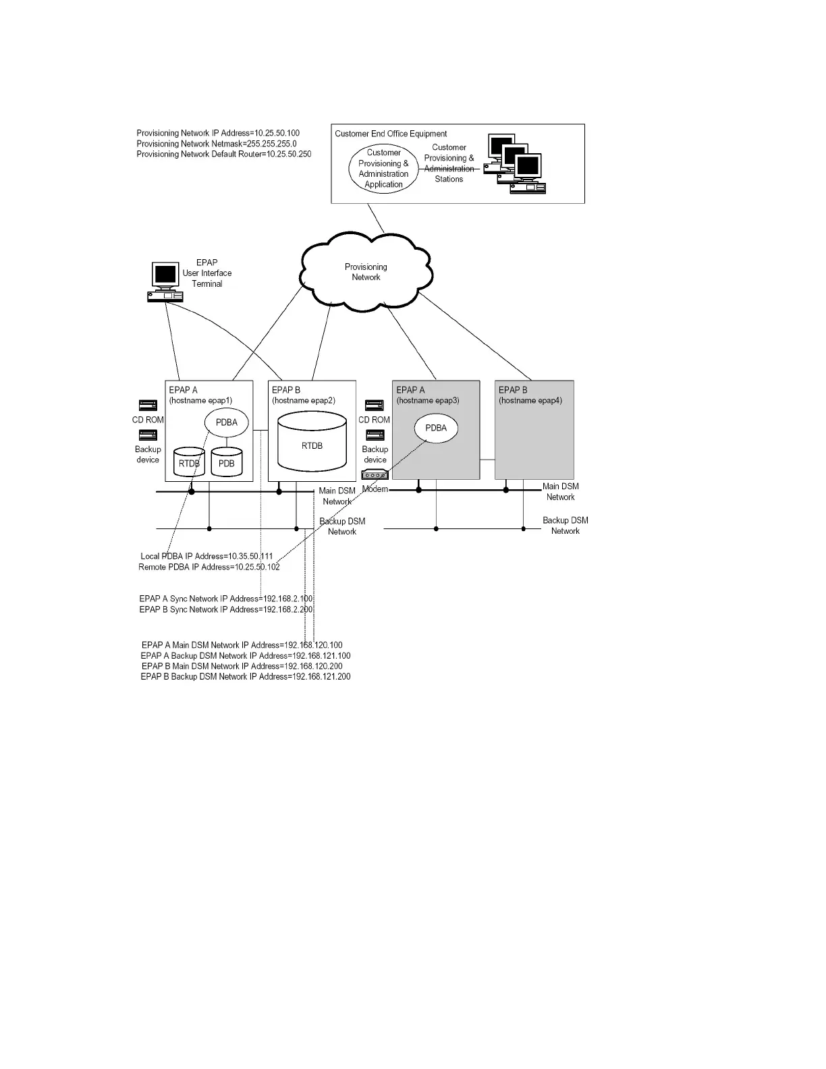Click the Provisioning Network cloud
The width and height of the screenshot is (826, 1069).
click(366, 272)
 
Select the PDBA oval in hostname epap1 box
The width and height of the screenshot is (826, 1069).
click(227, 422)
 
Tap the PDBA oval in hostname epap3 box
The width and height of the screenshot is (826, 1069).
click(436, 428)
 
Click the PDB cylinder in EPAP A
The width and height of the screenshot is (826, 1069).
click(227, 463)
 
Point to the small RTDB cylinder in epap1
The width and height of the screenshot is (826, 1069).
click(189, 463)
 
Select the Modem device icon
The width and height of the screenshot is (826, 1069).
click(375, 475)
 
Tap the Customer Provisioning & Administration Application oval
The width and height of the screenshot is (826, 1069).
click(383, 169)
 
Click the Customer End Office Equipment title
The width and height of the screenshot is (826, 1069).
click(391, 134)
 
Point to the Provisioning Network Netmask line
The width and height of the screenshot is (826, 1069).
click(217, 144)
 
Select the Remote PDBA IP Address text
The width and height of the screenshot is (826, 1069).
click(209, 567)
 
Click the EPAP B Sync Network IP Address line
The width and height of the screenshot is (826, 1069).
click(226, 609)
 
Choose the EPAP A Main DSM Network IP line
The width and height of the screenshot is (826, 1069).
click(242, 645)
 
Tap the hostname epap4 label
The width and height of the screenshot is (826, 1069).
click(530, 400)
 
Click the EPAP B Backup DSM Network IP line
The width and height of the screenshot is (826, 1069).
click(246, 676)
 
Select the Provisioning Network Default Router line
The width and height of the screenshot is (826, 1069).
click(224, 154)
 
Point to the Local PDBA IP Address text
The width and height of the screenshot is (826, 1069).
click(206, 556)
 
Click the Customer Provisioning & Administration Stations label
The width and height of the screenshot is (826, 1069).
click(449, 163)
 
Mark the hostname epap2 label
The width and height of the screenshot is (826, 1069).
click(304, 400)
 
